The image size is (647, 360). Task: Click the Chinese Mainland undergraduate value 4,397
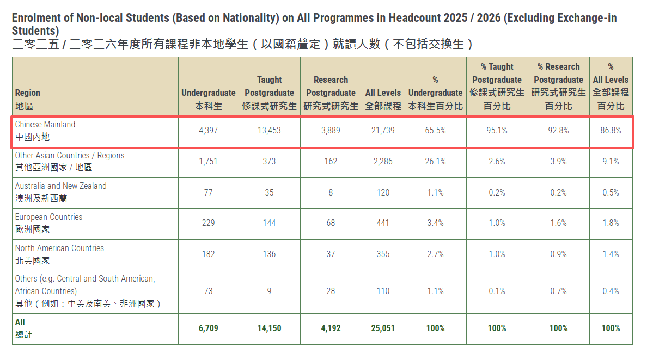point(208,131)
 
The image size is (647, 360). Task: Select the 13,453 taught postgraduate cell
point(269,131)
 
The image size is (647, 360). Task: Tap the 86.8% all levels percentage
point(611,131)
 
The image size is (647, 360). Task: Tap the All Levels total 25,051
point(383,328)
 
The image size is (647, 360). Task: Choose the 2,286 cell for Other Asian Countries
point(383,162)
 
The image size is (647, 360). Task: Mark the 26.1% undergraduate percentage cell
point(435,162)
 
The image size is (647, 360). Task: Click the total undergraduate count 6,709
point(208,328)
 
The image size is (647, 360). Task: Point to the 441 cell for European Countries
point(383,223)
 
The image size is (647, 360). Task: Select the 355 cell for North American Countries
point(383,254)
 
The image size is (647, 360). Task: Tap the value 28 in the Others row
point(331,291)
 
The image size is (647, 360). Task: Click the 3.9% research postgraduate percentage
point(558,162)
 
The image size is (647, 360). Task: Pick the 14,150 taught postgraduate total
point(269,328)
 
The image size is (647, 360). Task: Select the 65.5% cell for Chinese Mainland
point(435,131)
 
